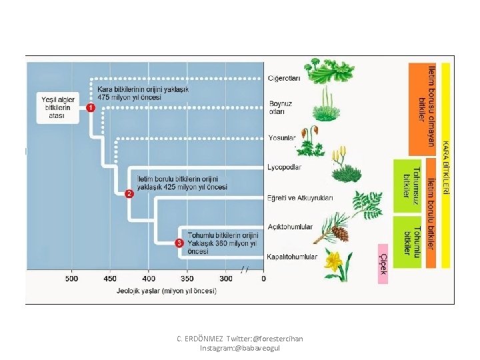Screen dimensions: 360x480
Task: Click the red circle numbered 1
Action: pyautogui.click(x=90, y=108)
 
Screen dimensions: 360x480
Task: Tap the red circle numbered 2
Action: pyautogui.click(x=129, y=194)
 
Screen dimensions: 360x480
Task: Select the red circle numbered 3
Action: pyautogui.click(x=179, y=243)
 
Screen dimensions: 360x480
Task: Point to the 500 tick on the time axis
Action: pyautogui.click(x=71, y=278)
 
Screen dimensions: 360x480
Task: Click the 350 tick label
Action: pyautogui.click(x=187, y=278)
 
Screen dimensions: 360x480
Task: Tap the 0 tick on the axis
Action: pyautogui.click(x=263, y=278)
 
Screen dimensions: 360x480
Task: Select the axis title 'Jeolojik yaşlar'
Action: pyautogui.click(x=175, y=291)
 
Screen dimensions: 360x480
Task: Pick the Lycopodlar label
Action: pyautogui.click(x=285, y=167)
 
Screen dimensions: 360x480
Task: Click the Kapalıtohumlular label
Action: pyautogui.click(x=292, y=257)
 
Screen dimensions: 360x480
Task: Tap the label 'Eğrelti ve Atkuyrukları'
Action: pyautogui.click(x=300, y=198)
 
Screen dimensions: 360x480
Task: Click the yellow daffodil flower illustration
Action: pyautogui.click(x=333, y=263)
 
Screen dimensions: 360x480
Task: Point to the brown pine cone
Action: pyautogui.click(x=340, y=233)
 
